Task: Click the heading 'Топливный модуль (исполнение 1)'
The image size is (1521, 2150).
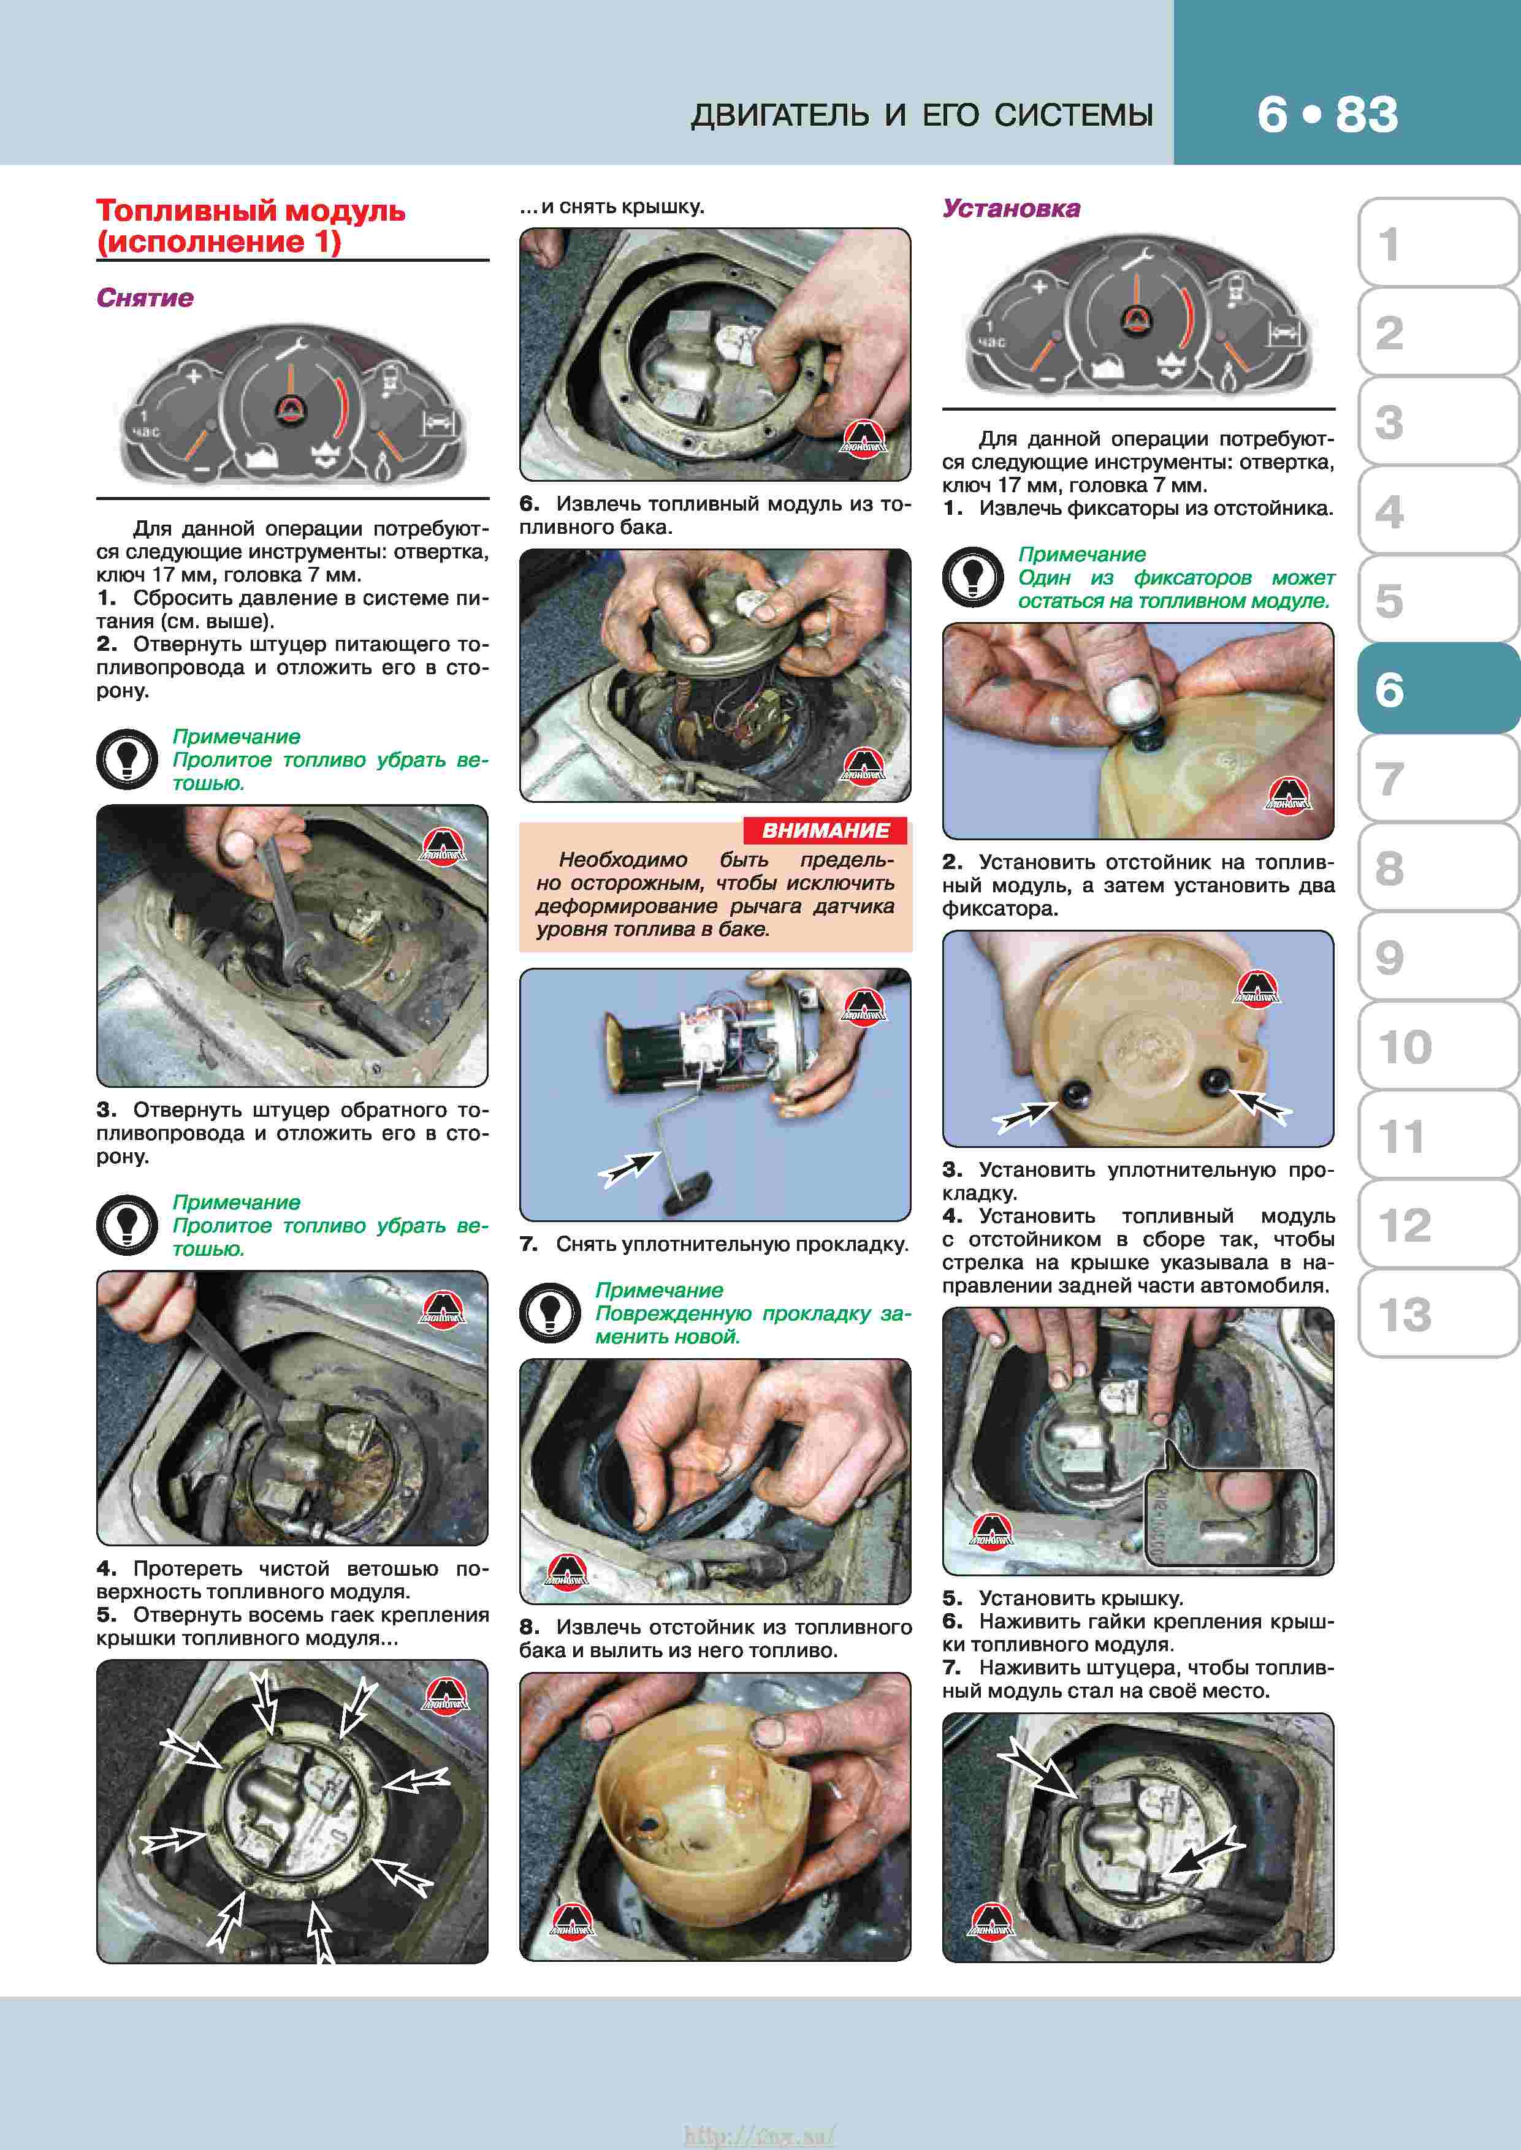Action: (x=251, y=226)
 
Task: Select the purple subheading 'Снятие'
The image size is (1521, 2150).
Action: (x=145, y=298)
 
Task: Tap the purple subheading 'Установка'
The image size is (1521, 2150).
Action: (x=1012, y=208)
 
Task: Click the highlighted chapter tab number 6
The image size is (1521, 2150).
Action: (x=1389, y=689)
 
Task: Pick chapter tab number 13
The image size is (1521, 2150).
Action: (x=1405, y=1314)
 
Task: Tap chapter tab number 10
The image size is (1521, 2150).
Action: (x=1405, y=1046)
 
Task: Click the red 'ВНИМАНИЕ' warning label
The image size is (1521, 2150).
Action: (x=825, y=830)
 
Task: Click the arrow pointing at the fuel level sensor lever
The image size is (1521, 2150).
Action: (x=628, y=1169)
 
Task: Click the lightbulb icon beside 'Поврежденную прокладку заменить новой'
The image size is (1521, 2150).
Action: (x=550, y=1313)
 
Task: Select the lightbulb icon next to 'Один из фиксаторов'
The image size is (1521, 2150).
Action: (x=973, y=577)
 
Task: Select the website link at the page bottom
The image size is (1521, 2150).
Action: (x=760, y=2135)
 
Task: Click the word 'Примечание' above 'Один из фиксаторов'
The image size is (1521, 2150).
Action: (x=1082, y=555)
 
